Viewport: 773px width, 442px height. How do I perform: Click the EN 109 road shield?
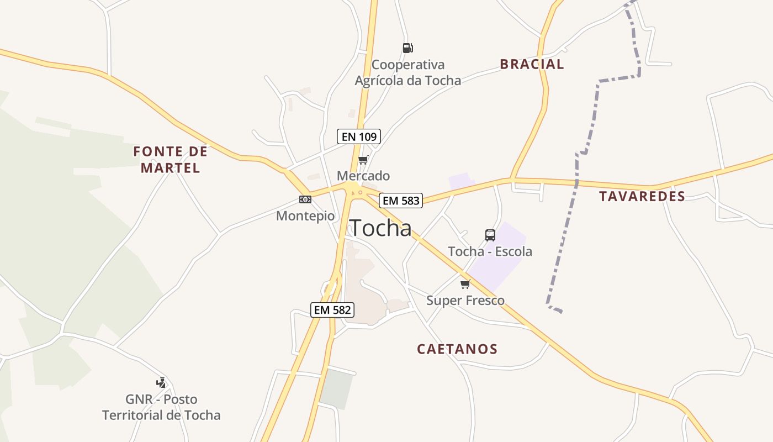(x=359, y=136)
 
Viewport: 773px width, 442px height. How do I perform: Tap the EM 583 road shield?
(x=401, y=201)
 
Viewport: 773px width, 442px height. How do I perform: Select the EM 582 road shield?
(x=332, y=310)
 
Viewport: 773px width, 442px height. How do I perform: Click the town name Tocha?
(x=381, y=228)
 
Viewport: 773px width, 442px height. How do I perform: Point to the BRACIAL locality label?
(x=532, y=64)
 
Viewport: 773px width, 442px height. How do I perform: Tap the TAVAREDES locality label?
(x=642, y=196)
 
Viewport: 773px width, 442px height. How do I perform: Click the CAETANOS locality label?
(x=457, y=349)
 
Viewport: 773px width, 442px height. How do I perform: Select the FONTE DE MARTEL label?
(x=171, y=159)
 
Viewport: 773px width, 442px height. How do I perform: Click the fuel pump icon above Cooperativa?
(x=407, y=48)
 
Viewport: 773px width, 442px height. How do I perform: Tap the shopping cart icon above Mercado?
(x=363, y=160)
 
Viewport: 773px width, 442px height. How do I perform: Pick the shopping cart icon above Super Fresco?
(x=465, y=285)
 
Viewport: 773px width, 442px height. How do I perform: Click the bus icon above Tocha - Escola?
(x=490, y=235)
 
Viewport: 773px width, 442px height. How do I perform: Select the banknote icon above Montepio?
(x=305, y=199)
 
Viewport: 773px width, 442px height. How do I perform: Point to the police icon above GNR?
(x=161, y=382)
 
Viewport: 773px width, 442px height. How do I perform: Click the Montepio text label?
(x=305, y=216)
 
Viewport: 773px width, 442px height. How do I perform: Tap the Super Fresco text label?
(x=465, y=301)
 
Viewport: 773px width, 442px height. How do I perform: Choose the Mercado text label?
(x=363, y=176)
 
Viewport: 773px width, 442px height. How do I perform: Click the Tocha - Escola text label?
(x=490, y=251)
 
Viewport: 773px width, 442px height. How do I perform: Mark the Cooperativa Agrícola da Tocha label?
(x=407, y=73)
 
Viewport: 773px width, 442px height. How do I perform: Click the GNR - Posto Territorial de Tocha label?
(x=161, y=407)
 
